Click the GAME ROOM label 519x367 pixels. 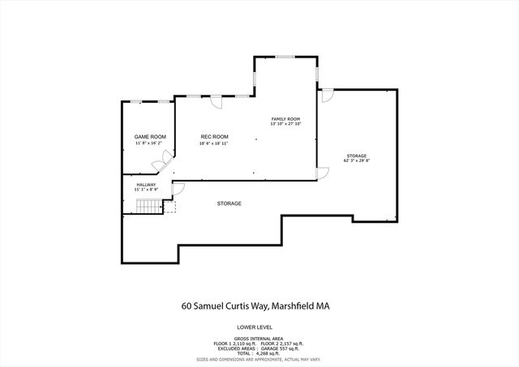coord(150,136)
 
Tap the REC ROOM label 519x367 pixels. coord(214,136)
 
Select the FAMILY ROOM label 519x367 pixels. coord(285,118)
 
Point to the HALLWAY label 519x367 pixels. coord(146,185)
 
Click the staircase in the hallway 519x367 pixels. coord(148,208)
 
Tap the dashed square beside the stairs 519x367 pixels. coord(169,207)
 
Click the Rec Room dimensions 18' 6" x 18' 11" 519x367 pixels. coord(214,143)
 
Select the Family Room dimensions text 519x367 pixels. coord(285,124)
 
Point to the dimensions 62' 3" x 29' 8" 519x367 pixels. coord(357,160)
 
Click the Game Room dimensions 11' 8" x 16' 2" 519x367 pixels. coord(150,143)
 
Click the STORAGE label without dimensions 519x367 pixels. coord(229,203)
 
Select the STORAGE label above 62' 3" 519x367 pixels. coord(357,155)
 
